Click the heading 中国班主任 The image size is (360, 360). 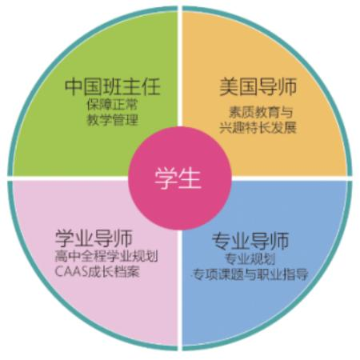(x=112, y=86)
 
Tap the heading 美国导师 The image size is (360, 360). (x=258, y=86)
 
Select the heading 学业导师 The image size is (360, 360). (x=94, y=238)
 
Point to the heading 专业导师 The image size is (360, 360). (x=250, y=241)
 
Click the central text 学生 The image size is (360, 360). (x=178, y=178)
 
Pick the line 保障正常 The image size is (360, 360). (x=112, y=105)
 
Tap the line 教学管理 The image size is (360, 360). (x=112, y=120)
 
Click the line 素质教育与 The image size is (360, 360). (x=261, y=112)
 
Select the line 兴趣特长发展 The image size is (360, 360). (x=258, y=128)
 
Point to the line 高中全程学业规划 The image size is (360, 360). (x=106, y=257)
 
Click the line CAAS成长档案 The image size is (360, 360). (x=98, y=272)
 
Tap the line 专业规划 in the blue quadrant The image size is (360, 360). (x=250, y=258)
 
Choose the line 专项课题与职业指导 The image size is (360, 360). (x=250, y=274)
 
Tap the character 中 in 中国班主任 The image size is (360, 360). (x=74, y=86)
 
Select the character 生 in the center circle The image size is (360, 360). (x=190, y=178)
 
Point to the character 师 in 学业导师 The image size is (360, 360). (x=123, y=238)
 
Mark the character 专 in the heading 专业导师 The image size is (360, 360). (x=221, y=241)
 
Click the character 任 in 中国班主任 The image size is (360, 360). (x=151, y=86)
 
